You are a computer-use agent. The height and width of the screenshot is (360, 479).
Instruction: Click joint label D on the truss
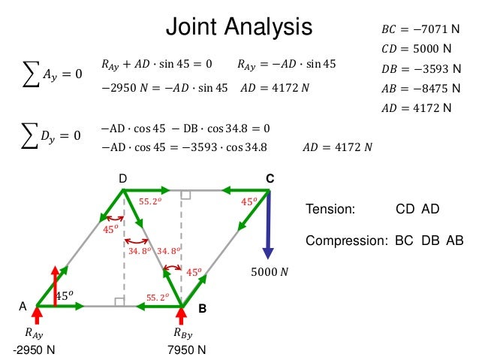coord(123,178)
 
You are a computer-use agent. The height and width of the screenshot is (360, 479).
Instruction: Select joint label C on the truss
coord(270,179)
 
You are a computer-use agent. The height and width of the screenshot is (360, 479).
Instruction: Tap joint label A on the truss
coord(23,307)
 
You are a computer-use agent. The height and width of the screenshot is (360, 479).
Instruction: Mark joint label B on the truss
coord(202,309)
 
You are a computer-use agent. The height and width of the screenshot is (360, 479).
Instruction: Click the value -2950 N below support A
coord(34,350)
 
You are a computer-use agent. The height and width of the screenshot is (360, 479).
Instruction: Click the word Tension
coord(330,210)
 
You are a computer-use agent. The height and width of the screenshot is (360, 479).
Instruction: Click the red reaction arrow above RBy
coord(182,316)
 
